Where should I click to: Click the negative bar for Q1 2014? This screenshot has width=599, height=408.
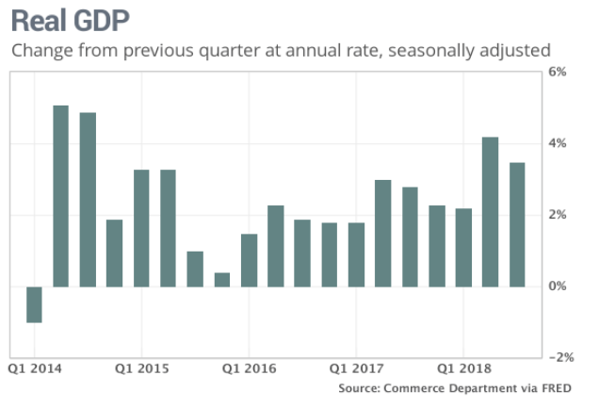coord(34,304)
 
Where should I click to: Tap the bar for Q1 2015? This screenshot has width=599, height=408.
coord(141,228)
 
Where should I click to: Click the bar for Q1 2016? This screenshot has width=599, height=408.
coord(249,260)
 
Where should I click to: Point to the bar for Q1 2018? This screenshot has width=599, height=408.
coord(463,248)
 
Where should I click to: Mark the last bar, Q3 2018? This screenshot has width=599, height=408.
coord(517,224)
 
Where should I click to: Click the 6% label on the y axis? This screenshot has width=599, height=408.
coord(557,72)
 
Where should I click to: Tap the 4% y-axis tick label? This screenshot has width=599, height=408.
coord(557,143)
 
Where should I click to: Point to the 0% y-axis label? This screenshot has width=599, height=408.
coord(557,286)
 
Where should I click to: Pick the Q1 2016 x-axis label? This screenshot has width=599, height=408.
coord(249,368)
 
